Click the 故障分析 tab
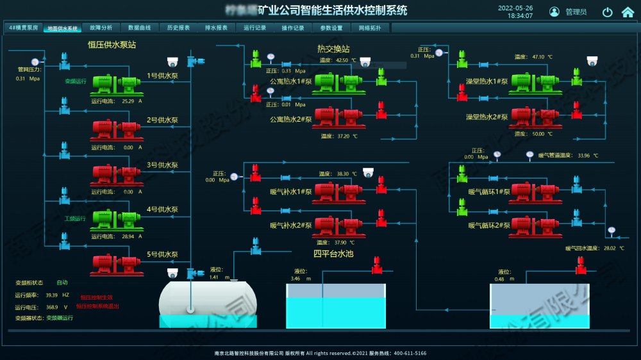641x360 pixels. [101, 28]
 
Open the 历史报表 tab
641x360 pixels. [178, 28]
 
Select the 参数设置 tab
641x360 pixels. [331, 28]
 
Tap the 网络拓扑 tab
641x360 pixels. [370, 28]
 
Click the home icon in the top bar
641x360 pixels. [628, 12]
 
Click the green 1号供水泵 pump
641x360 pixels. [117, 84]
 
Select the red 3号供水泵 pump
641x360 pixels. [117, 174]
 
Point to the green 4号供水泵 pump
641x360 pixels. [117, 218]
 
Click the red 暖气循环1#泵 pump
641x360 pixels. [535, 191]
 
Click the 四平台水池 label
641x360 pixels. [333, 254]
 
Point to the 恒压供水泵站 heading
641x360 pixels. [112, 45]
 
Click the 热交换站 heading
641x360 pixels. [333, 49]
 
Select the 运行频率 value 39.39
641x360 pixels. [52, 295]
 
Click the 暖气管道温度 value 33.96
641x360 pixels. [583, 155]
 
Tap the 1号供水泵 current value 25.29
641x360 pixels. [128, 101]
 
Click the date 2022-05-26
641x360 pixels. [515, 8]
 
